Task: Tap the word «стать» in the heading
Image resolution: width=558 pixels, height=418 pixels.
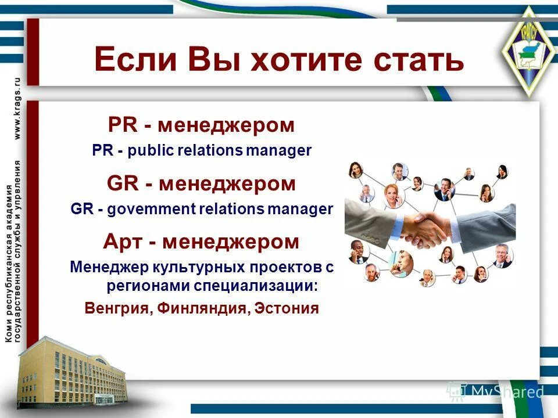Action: click(x=411, y=59)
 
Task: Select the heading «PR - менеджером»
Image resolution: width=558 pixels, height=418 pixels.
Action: click(x=201, y=125)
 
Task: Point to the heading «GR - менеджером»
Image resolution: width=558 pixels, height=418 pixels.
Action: click(x=201, y=184)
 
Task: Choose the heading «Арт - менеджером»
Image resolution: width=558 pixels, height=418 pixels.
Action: click(x=201, y=242)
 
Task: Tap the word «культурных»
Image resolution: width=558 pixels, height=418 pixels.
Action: click(x=194, y=268)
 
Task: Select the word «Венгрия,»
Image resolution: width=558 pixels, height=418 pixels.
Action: click(x=119, y=308)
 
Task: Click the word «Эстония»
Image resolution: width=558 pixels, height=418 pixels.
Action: click(x=288, y=308)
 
